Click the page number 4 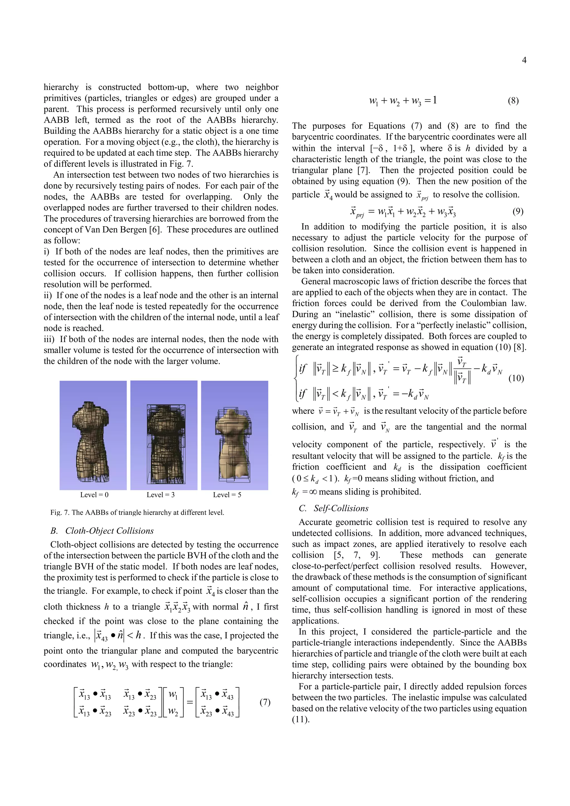click(x=524, y=60)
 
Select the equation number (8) click(x=513, y=101)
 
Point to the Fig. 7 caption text click(x=137, y=513)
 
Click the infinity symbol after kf click(x=313, y=492)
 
